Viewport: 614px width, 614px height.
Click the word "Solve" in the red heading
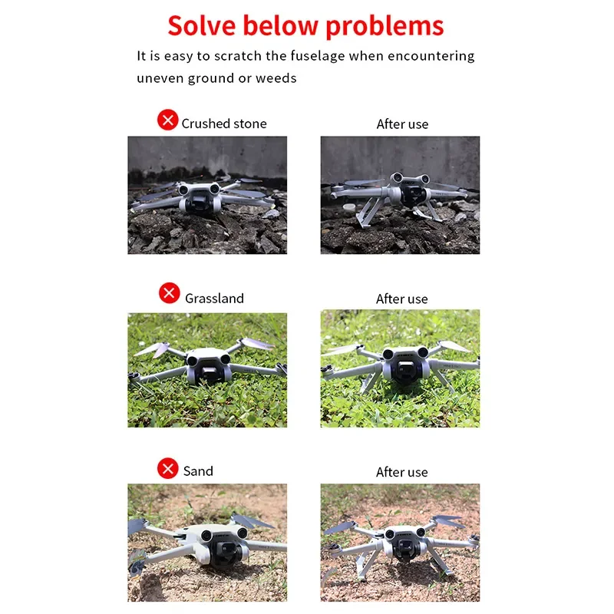(x=202, y=26)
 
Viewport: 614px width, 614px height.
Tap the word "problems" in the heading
(x=385, y=27)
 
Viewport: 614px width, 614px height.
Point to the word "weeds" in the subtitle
(x=276, y=78)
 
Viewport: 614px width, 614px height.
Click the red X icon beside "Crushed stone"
(x=167, y=120)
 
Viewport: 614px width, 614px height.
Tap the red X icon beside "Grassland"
(x=169, y=293)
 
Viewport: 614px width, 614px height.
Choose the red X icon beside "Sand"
(x=167, y=468)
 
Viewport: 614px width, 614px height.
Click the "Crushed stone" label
(x=224, y=124)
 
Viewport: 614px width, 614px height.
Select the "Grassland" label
(x=214, y=299)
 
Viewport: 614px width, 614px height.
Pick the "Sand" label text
(x=198, y=471)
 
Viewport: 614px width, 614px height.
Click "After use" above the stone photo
(x=402, y=124)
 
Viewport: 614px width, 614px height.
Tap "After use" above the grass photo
(x=401, y=299)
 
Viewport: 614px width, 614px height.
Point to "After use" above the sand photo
(x=401, y=472)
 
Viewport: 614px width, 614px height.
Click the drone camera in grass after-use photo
(x=404, y=370)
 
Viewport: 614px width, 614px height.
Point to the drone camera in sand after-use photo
(x=405, y=547)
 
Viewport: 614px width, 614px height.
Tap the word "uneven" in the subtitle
(x=160, y=78)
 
